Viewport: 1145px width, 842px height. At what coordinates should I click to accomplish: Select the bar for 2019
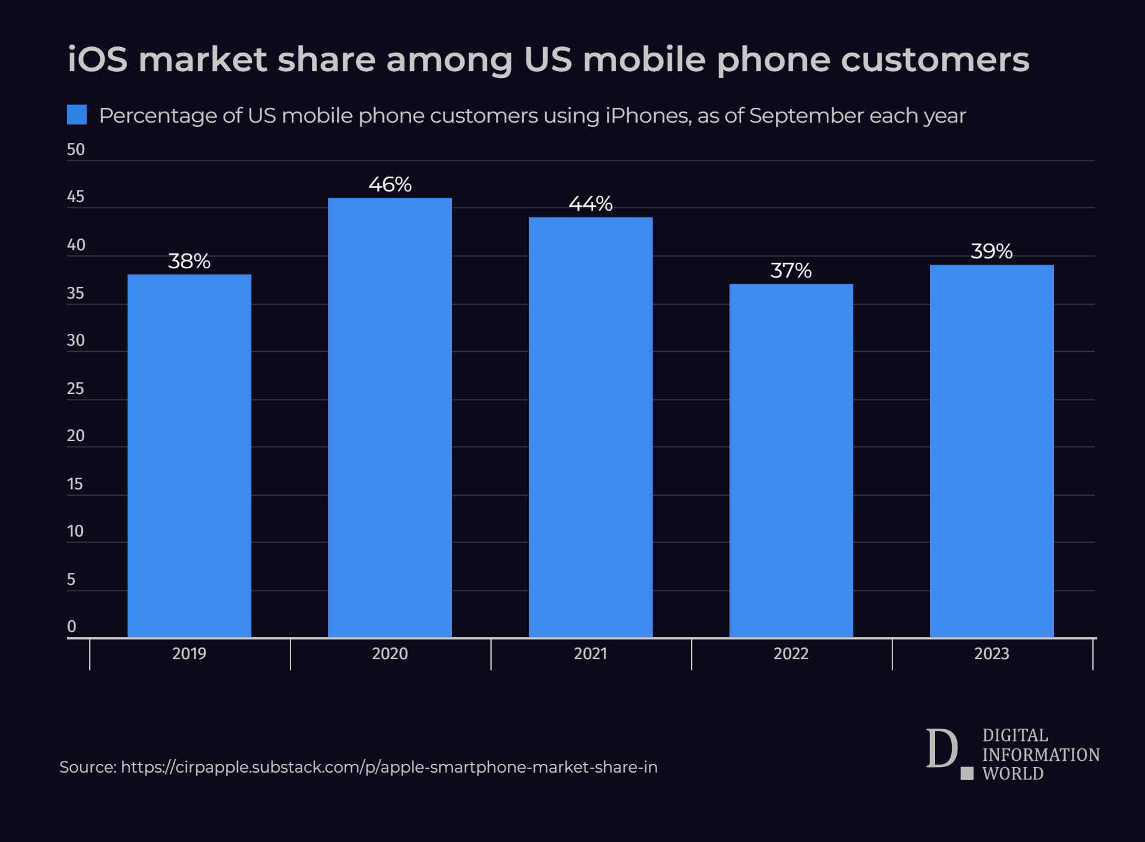[x=189, y=455]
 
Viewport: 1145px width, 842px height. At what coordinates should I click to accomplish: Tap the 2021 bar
[x=591, y=427]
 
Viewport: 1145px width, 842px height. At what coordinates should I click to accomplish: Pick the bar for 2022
[x=791, y=460]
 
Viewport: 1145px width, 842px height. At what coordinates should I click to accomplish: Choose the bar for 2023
[x=992, y=450]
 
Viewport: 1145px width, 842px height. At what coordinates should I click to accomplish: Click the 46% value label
[x=390, y=185]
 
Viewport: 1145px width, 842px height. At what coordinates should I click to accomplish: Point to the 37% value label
[x=791, y=271]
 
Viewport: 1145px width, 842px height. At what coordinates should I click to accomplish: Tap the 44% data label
[x=591, y=204]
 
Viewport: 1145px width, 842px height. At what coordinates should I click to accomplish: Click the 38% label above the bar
[x=189, y=261]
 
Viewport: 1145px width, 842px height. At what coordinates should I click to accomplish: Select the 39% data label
[x=991, y=252]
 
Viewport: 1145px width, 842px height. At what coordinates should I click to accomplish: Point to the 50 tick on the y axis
[x=76, y=150]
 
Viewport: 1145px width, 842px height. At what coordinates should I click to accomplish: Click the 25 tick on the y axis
[x=76, y=388]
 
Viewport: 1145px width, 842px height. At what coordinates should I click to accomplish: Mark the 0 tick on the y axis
[x=72, y=626]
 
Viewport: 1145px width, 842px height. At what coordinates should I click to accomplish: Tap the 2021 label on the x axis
[x=591, y=654]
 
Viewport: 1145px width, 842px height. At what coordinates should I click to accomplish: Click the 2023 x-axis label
[x=991, y=654]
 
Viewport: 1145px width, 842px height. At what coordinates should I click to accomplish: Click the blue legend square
[x=77, y=115]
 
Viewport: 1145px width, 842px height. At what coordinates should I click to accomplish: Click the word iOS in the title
[x=97, y=60]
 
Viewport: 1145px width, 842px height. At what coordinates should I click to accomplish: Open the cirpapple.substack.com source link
[x=389, y=767]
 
